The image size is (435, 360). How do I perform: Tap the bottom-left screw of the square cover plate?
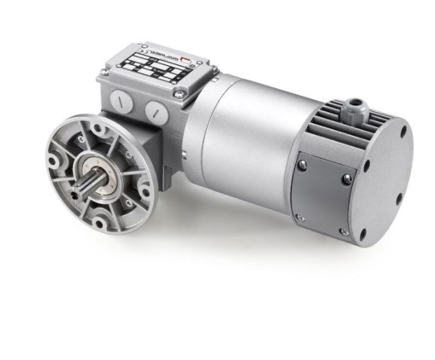click(299, 218)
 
